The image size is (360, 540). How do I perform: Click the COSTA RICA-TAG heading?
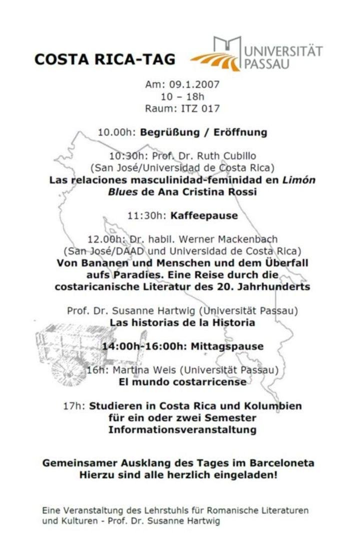(104, 60)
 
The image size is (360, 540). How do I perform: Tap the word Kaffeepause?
(203, 216)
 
